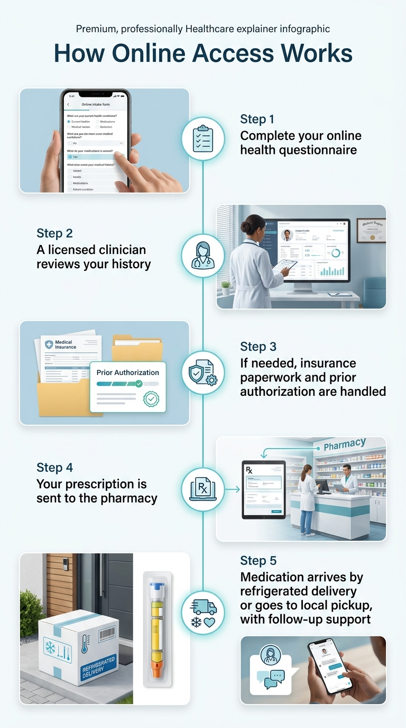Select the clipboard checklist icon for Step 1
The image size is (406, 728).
(x=202, y=139)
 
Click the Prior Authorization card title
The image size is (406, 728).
(x=127, y=372)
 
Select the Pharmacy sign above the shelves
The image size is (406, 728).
(x=344, y=444)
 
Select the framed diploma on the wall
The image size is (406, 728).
(x=371, y=230)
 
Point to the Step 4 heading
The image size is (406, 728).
(x=54, y=467)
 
